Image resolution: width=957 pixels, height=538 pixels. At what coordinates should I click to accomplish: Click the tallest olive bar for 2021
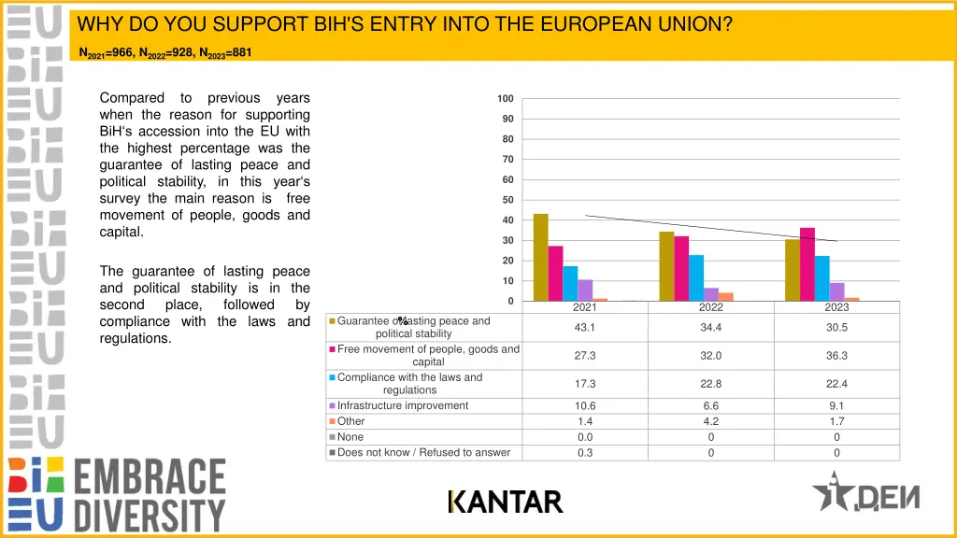click(540, 258)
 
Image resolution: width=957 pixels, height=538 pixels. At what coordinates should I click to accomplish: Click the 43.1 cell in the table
click(585, 327)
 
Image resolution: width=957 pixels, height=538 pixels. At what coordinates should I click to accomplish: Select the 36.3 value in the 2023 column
click(836, 356)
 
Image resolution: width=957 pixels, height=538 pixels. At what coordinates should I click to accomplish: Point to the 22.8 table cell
click(710, 384)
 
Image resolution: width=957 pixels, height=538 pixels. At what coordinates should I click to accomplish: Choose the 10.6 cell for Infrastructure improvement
click(585, 406)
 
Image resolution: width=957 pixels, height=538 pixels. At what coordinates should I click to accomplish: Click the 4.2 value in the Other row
click(710, 422)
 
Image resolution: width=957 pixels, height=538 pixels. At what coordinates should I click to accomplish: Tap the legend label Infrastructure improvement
click(403, 406)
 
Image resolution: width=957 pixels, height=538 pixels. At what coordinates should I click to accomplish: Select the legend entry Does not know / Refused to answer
click(423, 453)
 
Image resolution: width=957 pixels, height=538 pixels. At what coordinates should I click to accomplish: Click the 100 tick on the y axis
click(505, 99)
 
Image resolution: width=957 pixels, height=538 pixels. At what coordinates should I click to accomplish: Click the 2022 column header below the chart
click(710, 307)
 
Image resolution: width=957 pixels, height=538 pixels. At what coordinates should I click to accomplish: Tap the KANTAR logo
click(506, 503)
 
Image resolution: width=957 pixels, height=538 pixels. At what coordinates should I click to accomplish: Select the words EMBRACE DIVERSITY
click(150, 495)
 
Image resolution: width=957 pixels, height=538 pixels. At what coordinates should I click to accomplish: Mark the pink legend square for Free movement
click(332, 350)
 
